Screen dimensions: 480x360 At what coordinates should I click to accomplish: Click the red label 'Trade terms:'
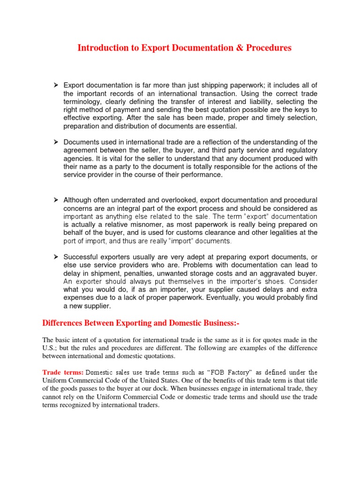(x=63, y=372)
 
